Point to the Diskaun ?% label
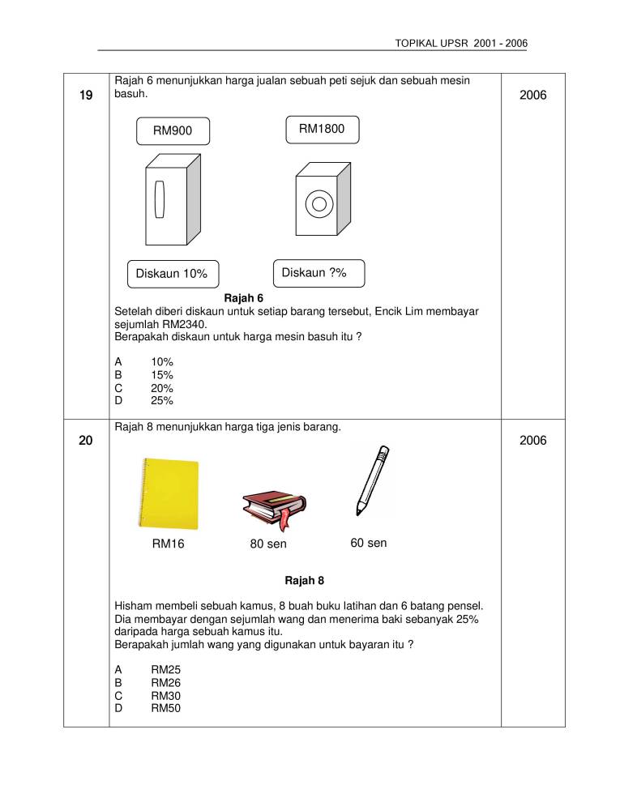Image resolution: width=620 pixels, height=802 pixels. click(319, 273)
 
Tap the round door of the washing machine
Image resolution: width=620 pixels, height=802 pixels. click(320, 203)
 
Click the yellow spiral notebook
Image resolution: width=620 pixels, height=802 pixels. click(168, 493)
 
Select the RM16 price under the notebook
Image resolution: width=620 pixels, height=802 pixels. click(168, 544)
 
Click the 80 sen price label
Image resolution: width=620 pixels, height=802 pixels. click(268, 544)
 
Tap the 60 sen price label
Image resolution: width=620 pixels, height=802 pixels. click(368, 543)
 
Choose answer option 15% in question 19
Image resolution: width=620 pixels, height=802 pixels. click(161, 375)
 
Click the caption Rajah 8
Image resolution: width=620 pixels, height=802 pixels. click(305, 581)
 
